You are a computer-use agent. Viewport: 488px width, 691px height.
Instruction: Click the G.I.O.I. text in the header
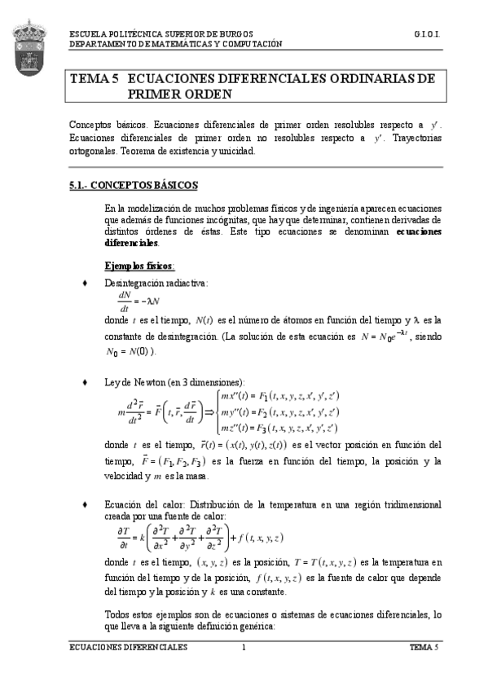pyautogui.click(x=427, y=36)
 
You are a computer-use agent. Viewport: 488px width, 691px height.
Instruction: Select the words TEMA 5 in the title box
pyautogui.click(x=95, y=79)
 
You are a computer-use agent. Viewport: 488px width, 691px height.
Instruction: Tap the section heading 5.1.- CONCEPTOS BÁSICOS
pyautogui.click(x=133, y=186)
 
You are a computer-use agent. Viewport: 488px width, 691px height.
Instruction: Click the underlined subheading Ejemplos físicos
pyautogui.click(x=139, y=266)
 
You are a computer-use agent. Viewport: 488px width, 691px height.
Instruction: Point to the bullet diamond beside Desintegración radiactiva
pyautogui.click(x=86, y=283)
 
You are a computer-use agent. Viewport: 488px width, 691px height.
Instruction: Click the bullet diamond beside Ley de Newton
pyautogui.click(x=86, y=381)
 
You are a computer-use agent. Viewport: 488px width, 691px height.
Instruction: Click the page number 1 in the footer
pyautogui.click(x=243, y=646)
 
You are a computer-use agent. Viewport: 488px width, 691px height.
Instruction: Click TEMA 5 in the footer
pyautogui.click(x=424, y=646)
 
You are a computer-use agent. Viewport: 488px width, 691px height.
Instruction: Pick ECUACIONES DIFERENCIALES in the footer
pyautogui.click(x=128, y=646)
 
